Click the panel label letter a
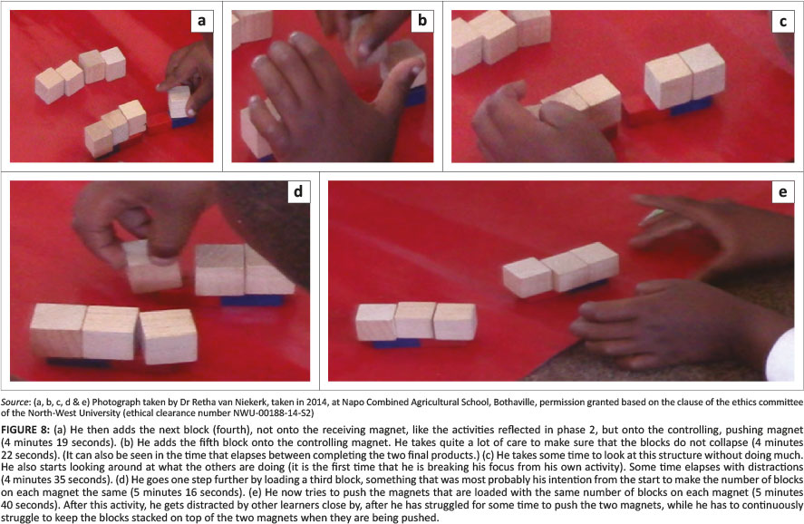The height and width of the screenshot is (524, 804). coord(201,21)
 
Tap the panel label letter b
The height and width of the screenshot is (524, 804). coord(422,21)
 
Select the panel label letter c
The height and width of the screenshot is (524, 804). coord(783,22)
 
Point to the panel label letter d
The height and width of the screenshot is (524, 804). coord(298,192)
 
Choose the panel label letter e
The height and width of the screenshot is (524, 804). coord(783,192)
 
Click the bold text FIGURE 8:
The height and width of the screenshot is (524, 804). coord(25,430)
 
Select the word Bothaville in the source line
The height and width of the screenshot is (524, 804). coord(512,403)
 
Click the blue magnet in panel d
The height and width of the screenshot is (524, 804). coord(252,300)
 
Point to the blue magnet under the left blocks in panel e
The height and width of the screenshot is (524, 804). coord(395,343)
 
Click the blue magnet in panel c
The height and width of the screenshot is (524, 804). coord(690,105)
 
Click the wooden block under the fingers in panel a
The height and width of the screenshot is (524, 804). coord(179,102)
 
